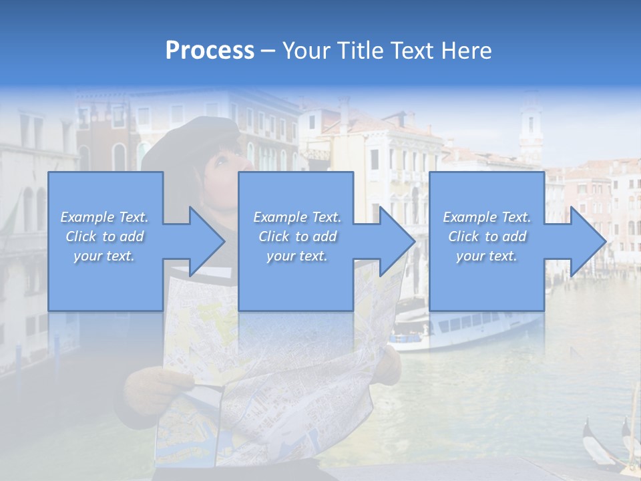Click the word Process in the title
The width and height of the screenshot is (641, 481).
pyautogui.click(x=210, y=51)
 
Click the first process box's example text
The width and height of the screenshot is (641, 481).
pyautogui.click(x=105, y=236)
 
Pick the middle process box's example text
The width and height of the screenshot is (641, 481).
pyautogui.click(x=297, y=236)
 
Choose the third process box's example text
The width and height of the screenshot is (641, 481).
pyautogui.click(x=487, y=236)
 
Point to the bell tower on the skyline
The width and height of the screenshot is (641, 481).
pyautogui.click(x=531, y=127)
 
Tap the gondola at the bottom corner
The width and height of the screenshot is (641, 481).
pyautogui.click(x=604, y=444)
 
